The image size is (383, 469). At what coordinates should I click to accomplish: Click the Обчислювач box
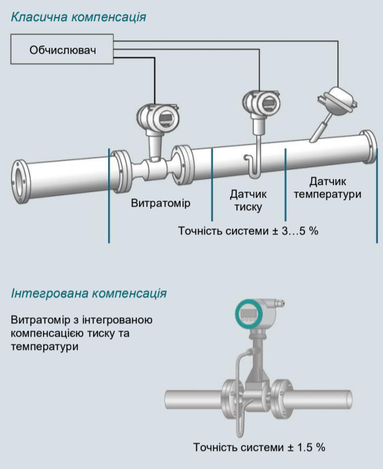(63, 50)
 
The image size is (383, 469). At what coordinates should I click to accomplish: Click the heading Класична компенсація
(78, 17)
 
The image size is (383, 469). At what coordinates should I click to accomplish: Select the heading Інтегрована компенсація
(89, 294)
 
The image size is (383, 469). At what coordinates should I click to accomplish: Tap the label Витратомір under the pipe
(160, 203)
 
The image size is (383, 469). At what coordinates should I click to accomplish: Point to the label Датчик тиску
(248, 201)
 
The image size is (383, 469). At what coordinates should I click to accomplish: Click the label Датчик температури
(326, 187)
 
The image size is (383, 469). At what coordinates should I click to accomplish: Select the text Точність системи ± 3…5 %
(248, 231)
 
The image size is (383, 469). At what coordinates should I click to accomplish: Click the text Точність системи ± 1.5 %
(259, 447)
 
